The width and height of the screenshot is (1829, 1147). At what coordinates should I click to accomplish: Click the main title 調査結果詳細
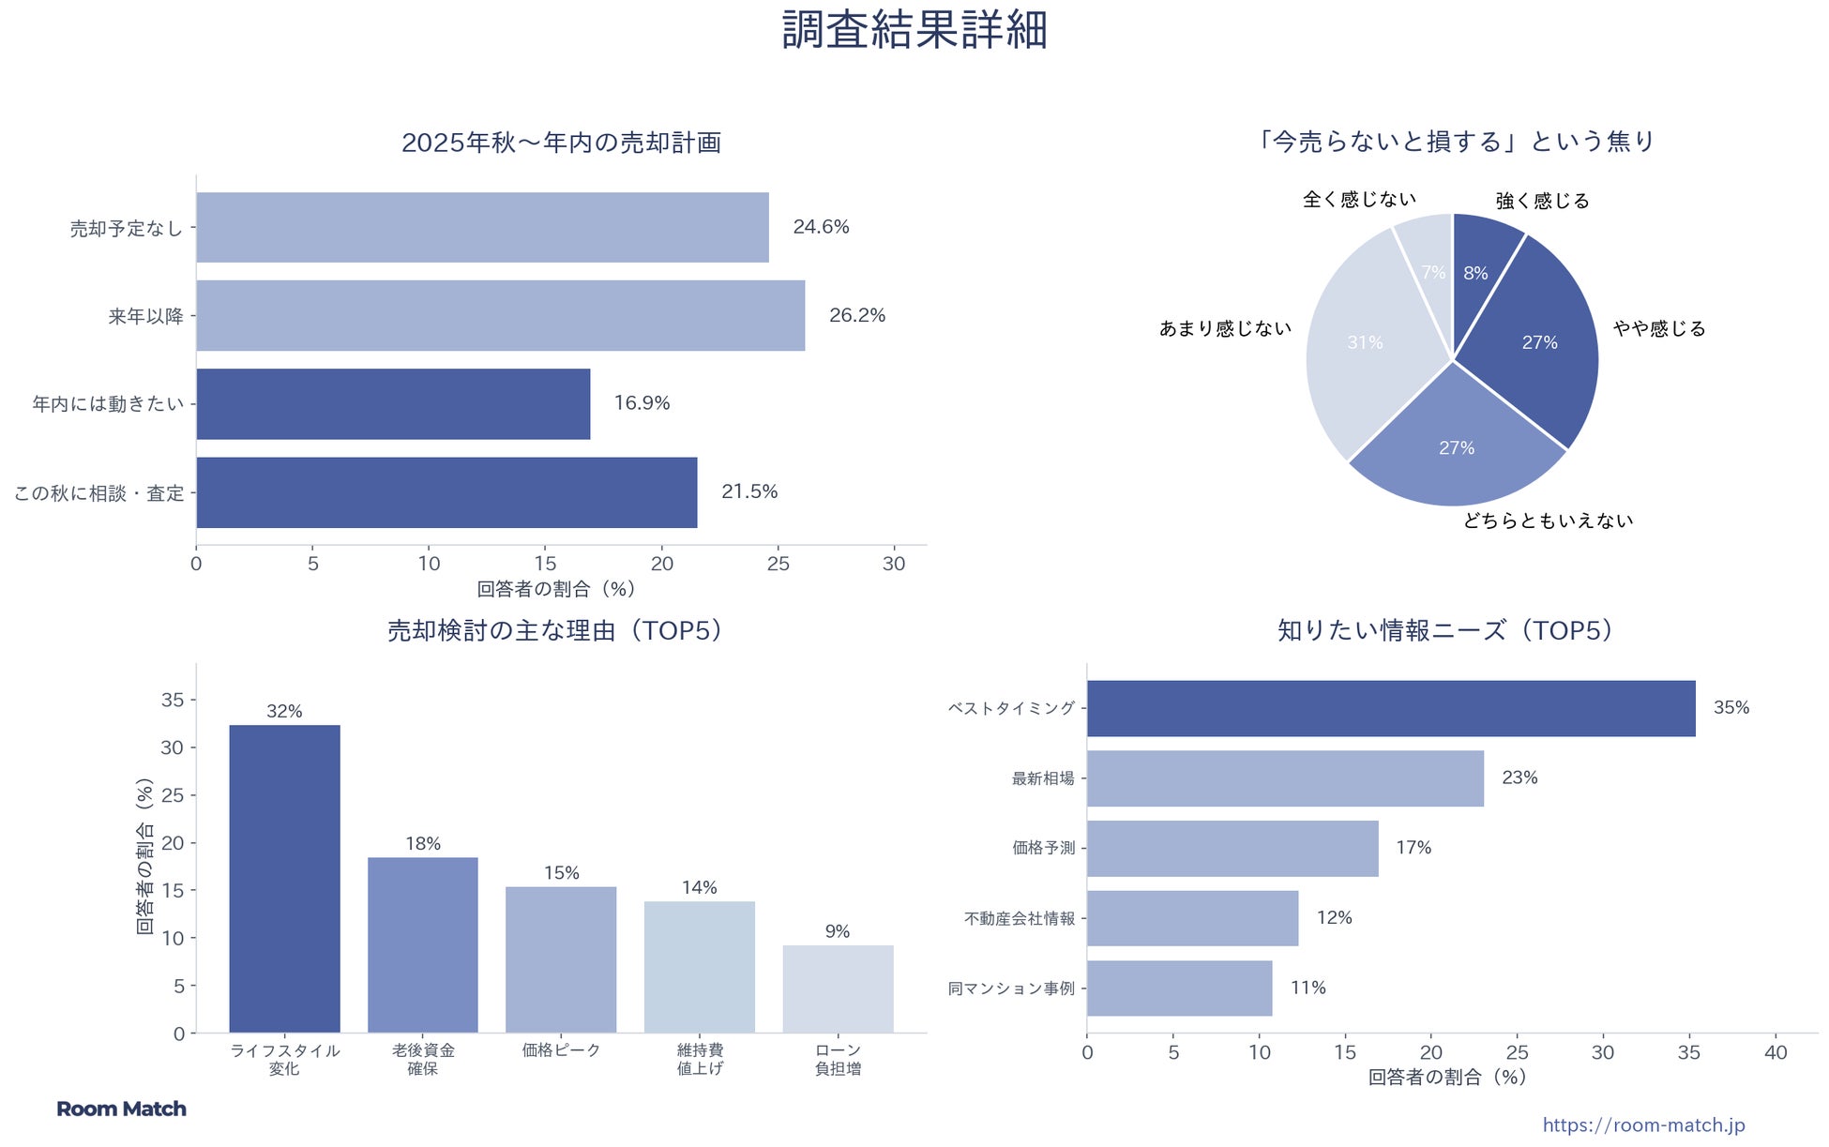[x=914, y=30]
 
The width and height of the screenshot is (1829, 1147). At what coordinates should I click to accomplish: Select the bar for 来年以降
[x=500, y=315]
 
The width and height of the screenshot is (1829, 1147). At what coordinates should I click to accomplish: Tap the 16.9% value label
[x=642, y=403]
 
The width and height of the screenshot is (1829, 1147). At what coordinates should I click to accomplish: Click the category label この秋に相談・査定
[x=99, y=493]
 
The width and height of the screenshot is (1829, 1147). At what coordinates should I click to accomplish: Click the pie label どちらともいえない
[x=1548, y=521]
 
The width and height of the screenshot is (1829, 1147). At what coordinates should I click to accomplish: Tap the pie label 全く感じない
[x=1359, y=200]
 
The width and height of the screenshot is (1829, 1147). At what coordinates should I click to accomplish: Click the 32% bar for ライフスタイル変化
[x=284, y=878]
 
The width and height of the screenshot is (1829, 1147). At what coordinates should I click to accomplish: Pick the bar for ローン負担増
[x=838, y=989]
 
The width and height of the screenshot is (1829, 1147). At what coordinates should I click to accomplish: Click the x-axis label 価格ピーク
[x=561, y=1050]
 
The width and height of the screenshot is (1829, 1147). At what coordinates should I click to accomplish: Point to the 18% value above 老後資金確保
[x=423, y=844]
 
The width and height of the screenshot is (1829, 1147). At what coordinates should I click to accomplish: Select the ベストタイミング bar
[x=1390, y=708]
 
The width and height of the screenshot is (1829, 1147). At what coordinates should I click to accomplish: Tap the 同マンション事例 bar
[x=1179, y=988]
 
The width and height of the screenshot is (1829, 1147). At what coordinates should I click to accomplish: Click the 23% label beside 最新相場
[x=1519, y=777]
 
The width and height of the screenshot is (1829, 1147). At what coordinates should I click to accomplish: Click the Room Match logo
[x=121, y=1109]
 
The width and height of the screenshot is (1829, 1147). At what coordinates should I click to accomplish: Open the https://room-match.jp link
[x=1643, y=1124]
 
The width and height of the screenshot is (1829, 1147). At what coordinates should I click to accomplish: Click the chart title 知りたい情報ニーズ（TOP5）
[x=1444, y=630]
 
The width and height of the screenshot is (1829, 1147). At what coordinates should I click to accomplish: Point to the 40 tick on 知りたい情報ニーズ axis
[x=1776, y=1052]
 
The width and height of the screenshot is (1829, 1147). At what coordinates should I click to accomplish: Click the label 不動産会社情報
[x=1020, y=918]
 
